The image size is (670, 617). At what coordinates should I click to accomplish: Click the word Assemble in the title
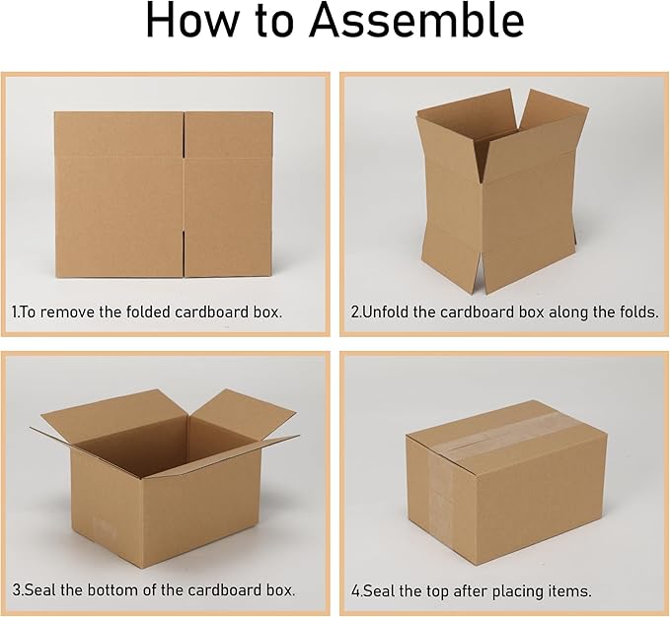point(416,21)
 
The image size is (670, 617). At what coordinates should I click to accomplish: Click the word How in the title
point(195,22)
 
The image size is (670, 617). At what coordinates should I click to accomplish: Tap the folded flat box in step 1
point(163,194)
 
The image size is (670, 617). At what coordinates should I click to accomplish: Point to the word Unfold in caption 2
point(386,311)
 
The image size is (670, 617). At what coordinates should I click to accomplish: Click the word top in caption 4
point(437,592)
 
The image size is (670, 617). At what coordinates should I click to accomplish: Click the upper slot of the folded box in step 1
point(185,135)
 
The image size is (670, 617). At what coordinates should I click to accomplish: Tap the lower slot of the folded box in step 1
point(185,254)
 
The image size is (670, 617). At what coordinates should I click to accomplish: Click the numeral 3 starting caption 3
point(16,590)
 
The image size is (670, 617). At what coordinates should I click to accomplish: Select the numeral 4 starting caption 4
point(355,591)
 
